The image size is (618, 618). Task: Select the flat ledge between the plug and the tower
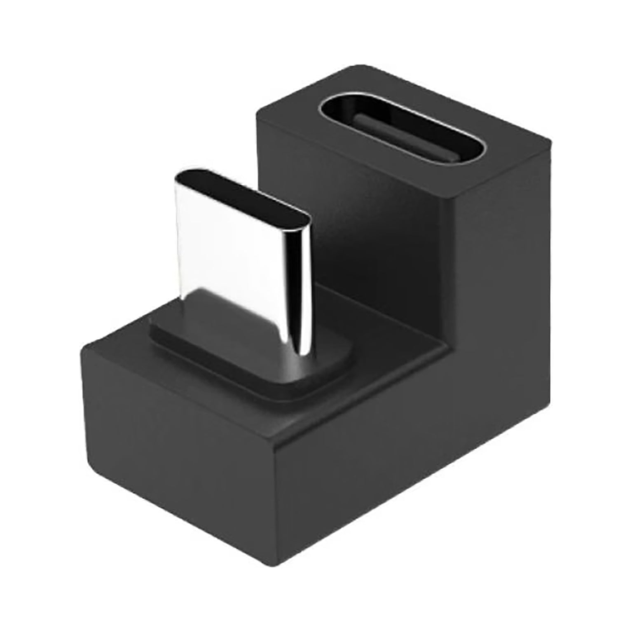point(371,338)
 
